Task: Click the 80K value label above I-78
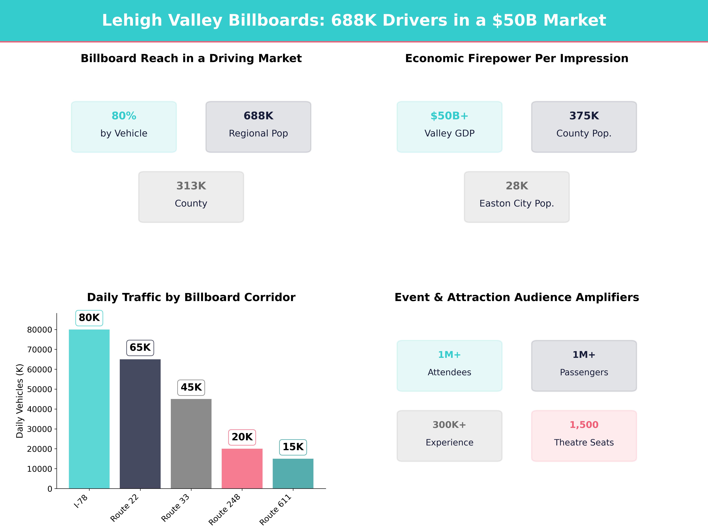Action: click(89, 318)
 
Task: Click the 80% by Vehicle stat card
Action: click(124, 127)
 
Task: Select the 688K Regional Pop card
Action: click(258, 127)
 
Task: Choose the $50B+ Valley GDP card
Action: click(449, 127)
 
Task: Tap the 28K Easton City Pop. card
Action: click(517, 197)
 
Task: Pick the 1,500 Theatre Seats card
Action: click(584, 436)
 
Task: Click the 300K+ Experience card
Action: click(449, 436)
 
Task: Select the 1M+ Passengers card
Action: click(584, 366)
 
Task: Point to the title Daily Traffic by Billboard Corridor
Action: click(191, 297)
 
